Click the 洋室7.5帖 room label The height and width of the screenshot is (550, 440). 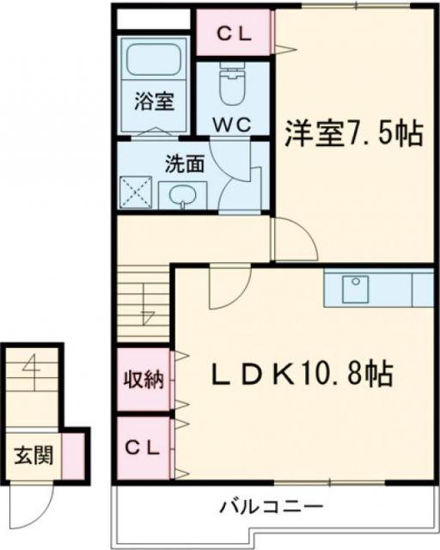pos(352,133)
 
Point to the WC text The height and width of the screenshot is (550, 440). pos(231,124)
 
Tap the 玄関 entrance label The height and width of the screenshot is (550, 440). pos(33,455)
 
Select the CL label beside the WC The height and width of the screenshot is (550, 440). pos(232,34)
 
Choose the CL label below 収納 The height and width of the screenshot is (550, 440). pos(143,447)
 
